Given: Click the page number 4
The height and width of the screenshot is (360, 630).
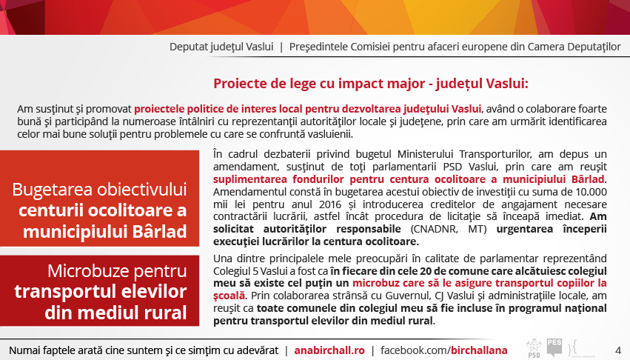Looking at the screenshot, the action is click(618, 350).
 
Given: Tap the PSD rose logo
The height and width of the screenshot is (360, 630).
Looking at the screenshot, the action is click(534, 348).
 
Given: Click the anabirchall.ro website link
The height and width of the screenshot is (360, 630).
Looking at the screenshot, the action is click(329, 350).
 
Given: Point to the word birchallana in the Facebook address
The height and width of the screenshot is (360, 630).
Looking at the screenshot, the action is click(479, 350).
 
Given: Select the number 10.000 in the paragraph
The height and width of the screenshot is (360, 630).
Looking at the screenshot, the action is click(591, 191).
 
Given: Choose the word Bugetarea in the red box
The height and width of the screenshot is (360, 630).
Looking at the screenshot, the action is click(52, 190).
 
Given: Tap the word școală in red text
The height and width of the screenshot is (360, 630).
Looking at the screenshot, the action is click(229, 296).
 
